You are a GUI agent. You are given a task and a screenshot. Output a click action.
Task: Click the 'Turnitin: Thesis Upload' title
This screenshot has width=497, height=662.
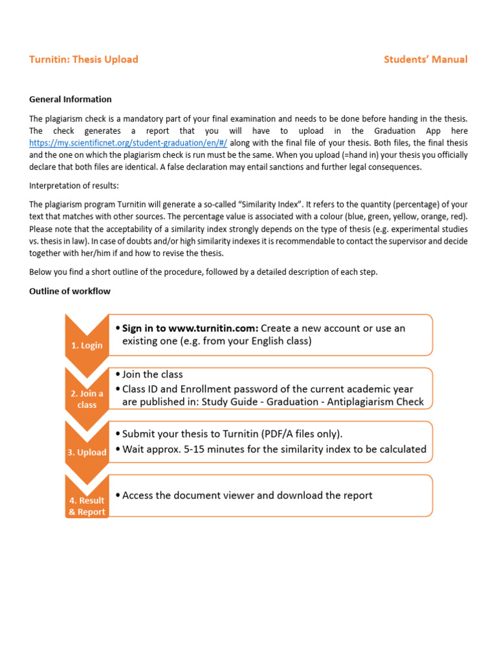point(83,59)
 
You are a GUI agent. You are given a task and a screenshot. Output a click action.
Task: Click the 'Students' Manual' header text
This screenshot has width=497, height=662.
point(425,59)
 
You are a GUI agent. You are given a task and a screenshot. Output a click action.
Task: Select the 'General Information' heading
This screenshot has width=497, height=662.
point(71,99)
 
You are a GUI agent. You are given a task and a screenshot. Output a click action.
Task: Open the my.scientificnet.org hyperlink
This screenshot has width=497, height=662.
point(128,142)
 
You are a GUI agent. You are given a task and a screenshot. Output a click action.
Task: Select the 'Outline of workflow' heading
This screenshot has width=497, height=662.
point(70,291)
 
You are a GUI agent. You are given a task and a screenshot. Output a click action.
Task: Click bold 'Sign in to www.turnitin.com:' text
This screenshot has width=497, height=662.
point(190,328)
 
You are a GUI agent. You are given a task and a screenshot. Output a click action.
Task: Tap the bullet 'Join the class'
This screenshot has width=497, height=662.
point(153,374)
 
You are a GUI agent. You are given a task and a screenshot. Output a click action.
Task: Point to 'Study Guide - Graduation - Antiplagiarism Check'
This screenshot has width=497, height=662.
point(313,401)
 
